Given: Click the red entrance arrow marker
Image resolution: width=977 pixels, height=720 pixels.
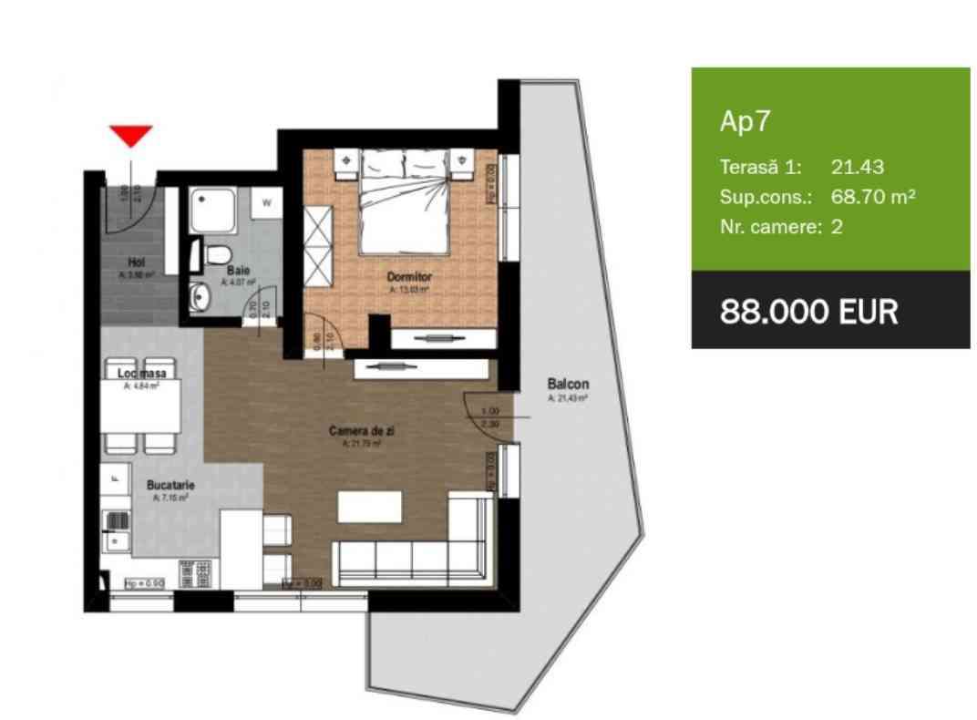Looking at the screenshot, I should [x=130, y=136].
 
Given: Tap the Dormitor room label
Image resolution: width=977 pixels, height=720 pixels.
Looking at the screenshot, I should [x=408, y=275].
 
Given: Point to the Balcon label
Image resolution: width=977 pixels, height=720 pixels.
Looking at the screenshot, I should [x=568, y=385].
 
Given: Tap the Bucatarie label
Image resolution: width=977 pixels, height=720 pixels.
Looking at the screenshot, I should [x=170, y=486].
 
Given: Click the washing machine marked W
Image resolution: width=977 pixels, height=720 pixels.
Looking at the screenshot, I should [x=267, y=203].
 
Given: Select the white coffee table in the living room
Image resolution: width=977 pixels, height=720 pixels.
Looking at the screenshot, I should [x=370, y=507].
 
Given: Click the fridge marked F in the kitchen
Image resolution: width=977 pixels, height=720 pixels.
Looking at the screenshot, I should [x=115, y=477].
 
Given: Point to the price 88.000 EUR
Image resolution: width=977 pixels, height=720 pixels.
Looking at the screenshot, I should [x=808, y=312].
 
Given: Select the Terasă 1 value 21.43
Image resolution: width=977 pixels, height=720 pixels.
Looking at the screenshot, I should [x=858, y=167].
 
